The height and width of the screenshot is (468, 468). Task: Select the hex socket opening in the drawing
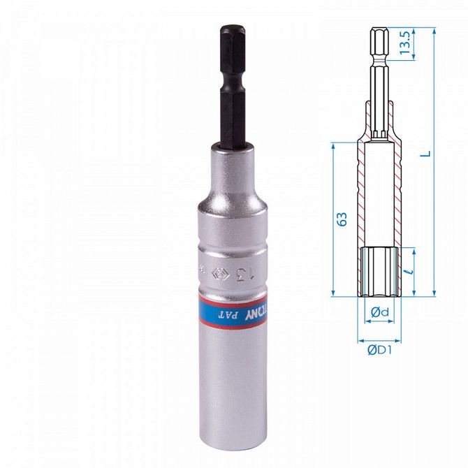click(380, 269)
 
